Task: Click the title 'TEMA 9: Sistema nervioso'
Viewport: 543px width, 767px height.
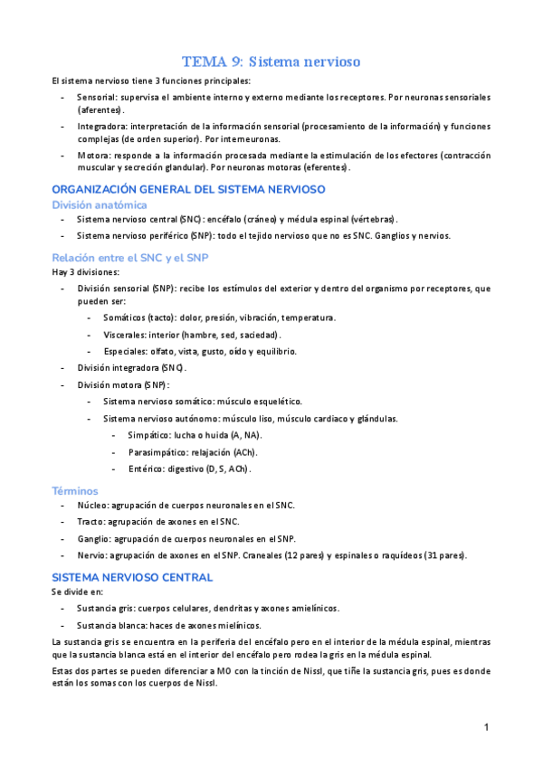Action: (271, 62)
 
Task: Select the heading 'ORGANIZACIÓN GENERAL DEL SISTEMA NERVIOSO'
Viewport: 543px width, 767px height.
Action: (188, 189)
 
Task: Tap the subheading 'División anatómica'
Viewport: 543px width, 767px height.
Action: (99, 204)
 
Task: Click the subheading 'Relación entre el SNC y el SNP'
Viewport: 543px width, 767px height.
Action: (129, 257)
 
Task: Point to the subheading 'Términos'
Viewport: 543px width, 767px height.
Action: (76, 490)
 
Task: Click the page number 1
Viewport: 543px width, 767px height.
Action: (486, 727)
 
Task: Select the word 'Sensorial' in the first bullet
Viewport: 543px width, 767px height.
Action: (97, 96)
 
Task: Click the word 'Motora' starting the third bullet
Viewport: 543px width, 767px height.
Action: (91, 156)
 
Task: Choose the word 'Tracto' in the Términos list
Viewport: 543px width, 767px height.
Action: (90, 522)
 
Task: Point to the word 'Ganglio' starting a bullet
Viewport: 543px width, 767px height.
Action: (93, 538)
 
